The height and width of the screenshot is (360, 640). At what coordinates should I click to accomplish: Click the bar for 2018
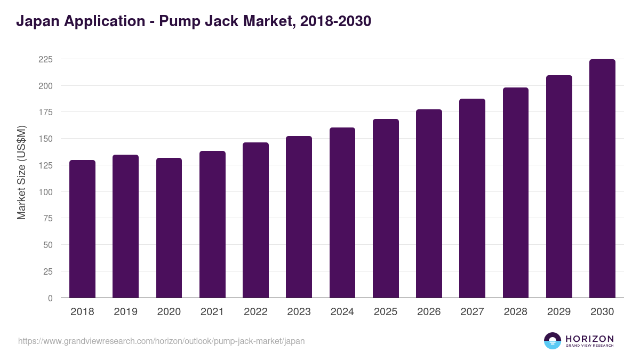pyautogui.click(x=82, y=229)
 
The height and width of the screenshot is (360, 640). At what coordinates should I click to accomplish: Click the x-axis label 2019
pyautogui.click(x=125, y=312)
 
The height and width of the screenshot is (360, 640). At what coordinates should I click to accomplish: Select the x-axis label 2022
pyautogui.click(x=255, y=312)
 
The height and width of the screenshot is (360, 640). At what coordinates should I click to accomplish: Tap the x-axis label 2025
pyautogui.click(x=386, y=312)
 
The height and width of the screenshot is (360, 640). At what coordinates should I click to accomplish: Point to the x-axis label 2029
pyautogui.click(x=559, y=312)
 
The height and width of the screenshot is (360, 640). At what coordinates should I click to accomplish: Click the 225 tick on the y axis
pyautogui.click(x=45, y=59)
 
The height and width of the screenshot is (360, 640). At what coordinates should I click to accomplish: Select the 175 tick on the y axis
pyautogui.click(x=45, y=112)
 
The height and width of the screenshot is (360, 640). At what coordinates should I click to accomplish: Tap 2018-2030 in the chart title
pyautogui.click(x=335, y=21)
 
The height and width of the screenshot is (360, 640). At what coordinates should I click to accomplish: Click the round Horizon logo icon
pyautogui.click(x=553, y=341)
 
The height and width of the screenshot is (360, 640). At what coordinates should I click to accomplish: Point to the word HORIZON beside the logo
pyautogui.click(x=589, y=338)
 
